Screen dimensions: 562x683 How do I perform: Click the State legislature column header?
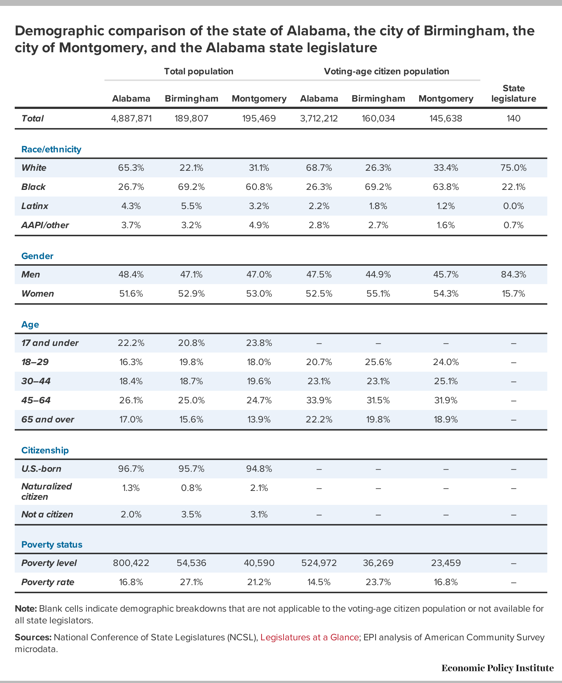[513, 93]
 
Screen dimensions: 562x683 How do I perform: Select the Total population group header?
[199, 71]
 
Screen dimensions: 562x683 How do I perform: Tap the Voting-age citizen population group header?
[387, 71]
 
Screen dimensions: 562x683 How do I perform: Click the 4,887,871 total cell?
[131, 118]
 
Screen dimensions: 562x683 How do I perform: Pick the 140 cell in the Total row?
[513, 118]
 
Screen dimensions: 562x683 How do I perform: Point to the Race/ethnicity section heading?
[51, 149]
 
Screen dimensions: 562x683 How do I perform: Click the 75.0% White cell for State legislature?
[513, 168]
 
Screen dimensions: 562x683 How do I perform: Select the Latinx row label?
[35, 206]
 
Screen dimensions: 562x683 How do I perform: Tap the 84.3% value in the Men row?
[513, 275]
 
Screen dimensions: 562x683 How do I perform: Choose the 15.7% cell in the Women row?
[513, 294]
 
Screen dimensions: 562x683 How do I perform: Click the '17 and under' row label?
[50, 343]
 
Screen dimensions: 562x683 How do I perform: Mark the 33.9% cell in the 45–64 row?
[319, 400]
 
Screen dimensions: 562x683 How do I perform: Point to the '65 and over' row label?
[48, 420]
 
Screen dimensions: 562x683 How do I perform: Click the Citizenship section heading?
[45, 450]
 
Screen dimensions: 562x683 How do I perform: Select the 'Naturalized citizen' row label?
[47, 492]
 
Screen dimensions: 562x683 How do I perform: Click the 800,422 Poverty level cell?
[131, 563]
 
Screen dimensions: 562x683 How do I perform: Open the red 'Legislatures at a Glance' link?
[310, 637]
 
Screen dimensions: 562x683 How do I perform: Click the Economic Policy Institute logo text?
[498, 668]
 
